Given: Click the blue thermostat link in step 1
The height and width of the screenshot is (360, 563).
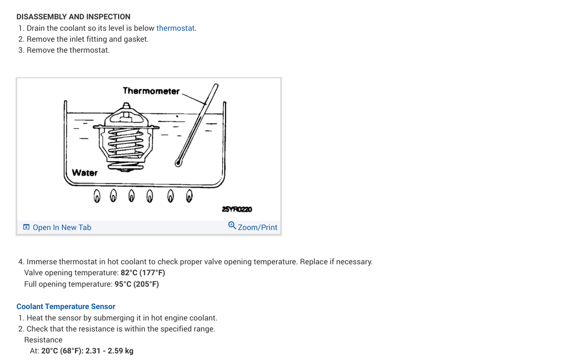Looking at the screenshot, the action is (x=176, y=28).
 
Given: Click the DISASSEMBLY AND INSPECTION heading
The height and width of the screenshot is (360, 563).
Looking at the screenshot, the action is (x=73, y=17).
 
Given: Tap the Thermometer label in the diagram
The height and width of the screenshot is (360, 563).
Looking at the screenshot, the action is (x=151, y=91).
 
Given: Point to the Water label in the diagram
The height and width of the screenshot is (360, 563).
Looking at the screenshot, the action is (x=85, y=173).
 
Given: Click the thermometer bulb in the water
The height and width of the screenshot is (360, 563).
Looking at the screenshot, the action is (x=178, y=163).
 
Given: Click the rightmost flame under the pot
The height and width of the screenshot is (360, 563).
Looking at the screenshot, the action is (x=189, y=195).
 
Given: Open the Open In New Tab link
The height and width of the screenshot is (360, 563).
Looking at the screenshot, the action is (x=62, y=227).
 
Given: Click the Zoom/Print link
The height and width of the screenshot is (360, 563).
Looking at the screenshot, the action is (x=258, y=227).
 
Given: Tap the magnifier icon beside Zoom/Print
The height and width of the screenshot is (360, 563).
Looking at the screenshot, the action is (x=232, y=226).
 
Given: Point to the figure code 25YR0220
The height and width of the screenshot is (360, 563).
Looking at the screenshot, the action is (x=237, y=209).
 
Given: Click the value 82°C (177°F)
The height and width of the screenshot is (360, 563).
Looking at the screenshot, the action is (x=143, y=273).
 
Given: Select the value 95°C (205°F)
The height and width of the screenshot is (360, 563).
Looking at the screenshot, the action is (x=136, y=284).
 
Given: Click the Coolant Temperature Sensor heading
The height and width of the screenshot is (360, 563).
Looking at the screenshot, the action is (x=66, y=306).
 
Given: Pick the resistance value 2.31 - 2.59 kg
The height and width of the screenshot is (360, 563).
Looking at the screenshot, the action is (x=109, y=351).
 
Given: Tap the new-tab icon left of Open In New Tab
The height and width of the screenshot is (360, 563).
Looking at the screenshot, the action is (x=26, y=227).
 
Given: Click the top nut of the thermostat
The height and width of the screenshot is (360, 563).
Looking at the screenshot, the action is (x=126, y=107).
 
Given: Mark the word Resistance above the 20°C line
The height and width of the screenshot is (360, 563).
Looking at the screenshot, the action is (x=43, y=340).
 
